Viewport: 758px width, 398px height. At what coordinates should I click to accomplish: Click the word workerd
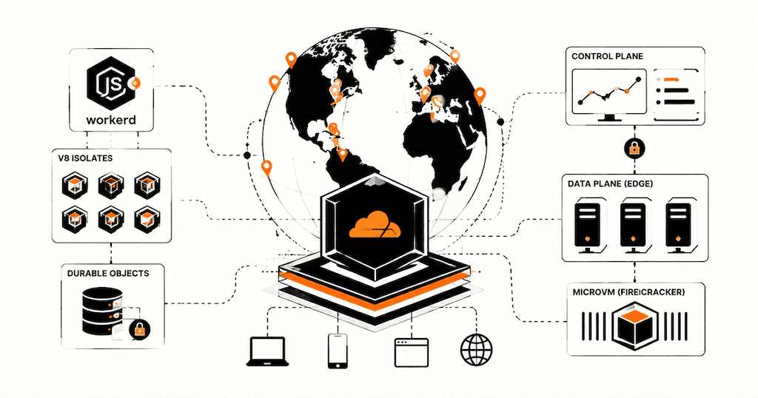[x=111, y=119]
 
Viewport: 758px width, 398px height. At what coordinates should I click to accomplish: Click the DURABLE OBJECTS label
[x=108, y=273]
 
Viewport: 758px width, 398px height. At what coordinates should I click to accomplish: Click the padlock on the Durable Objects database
[x=139, y=329]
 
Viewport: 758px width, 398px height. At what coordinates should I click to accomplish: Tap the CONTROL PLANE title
[x=607, y=56]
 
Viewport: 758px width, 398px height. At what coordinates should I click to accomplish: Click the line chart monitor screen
[x=609, y=92]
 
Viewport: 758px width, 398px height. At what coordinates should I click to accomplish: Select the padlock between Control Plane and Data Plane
[x=634, y=149]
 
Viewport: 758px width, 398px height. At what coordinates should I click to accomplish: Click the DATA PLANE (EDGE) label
[x=610, y=183]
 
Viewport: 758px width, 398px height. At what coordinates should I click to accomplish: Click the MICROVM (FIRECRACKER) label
[x=628, y=292]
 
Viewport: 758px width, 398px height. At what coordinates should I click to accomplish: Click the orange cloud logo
[x=375, y=225]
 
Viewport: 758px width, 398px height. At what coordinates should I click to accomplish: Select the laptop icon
[x=268, y=351]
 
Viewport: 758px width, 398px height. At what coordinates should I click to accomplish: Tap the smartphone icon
[x=338, y=351]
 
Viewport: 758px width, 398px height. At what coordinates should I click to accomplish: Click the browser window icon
[x=412, y=353]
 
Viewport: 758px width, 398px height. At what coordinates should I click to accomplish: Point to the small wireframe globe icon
[x=477, y=350]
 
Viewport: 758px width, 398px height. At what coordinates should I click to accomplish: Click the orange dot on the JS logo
[x=135, y=84]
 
